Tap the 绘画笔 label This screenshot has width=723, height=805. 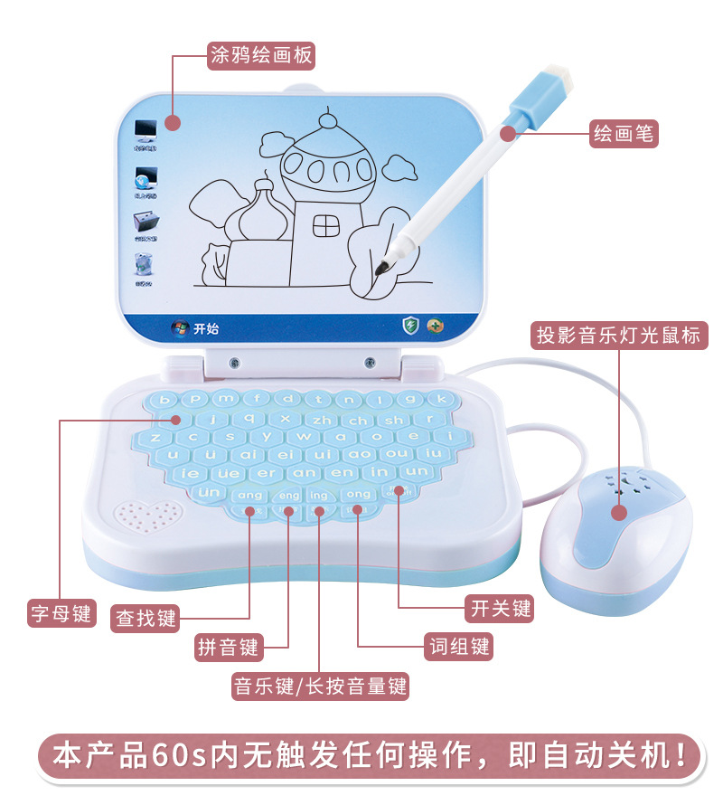click(624, 134)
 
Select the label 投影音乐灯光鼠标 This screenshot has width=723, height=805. click(618, 336)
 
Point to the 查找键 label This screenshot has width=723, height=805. click(146, 618)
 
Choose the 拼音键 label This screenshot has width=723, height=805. click(228, 647)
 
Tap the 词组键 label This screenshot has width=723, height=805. click(458, 647)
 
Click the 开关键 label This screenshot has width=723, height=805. click(499, 609)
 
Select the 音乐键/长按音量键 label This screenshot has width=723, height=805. click(321, 687)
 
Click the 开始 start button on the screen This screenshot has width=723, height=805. click(195, 328)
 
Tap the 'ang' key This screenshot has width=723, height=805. click(249, 495)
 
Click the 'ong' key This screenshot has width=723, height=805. click(359, 494)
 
